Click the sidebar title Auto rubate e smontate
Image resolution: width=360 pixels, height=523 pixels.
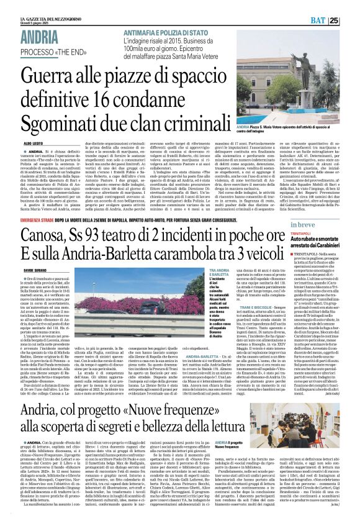(326, 239)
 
